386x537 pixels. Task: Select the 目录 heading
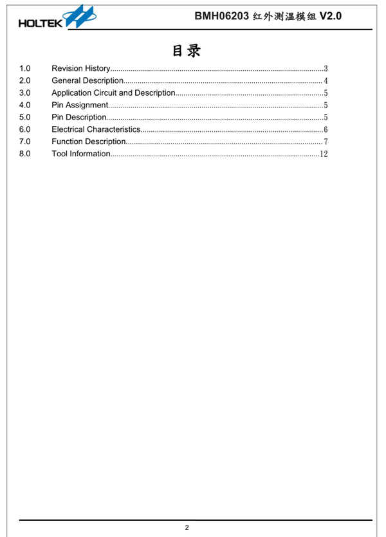pyautogui.click(x=186, y=50)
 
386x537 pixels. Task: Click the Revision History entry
pyautogui.click(x=80, y=68)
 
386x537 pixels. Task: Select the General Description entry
pyautogui.click(x=87, y=80)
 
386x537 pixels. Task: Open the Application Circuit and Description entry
pyautogui.click(x=113, y=93)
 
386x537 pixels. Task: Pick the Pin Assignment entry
pyautogui.click(x=79, y=105)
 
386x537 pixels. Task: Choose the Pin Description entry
pyautogui.click(x=78, y=117)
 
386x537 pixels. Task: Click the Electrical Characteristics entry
pyautogui.click(x=95, y=129)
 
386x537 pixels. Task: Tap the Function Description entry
pyautogui.click(x=88, y=141)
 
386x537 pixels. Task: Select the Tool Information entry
pyautogui.click(x=80, y=154)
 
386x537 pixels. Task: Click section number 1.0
pyautogui.click(x=25, y=68)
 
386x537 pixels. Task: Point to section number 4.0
pyautogui.click(x=25, y=105)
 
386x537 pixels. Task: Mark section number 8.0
pyautogui.click(x=25, y=154)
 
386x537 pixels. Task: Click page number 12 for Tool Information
pyautogui.click(x=324, y=154)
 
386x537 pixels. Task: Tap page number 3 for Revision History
pyautogui.click(x=326, y=69)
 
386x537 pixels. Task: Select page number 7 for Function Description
pyautogui.click(x=326, y=142)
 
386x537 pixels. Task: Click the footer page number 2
pyautogui.click(x=187, y=528)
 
